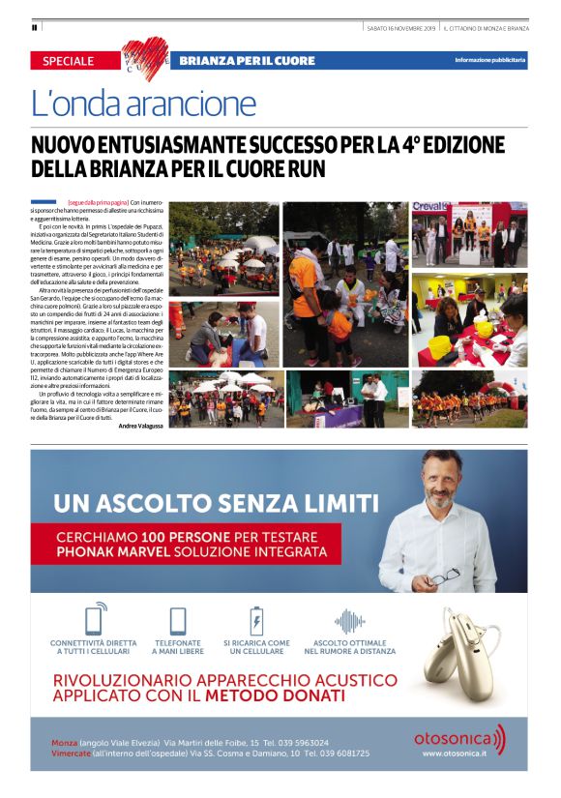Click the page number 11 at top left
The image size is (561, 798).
(34, 26)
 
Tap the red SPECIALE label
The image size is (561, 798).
(69, 61)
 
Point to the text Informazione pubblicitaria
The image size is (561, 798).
(490, 61)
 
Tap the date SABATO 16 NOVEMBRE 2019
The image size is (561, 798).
(401, 27)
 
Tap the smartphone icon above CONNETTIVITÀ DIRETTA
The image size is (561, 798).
(96, 620)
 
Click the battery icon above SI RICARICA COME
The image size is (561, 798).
(256, 620)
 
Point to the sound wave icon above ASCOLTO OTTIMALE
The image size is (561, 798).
(349, 620)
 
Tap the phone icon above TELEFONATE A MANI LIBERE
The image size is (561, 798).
(177, 620)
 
